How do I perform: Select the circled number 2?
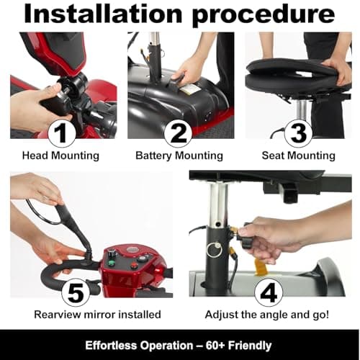(179, 133)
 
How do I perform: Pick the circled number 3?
(297, 133)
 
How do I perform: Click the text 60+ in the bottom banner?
(218, 344)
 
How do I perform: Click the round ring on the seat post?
(214, 250)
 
